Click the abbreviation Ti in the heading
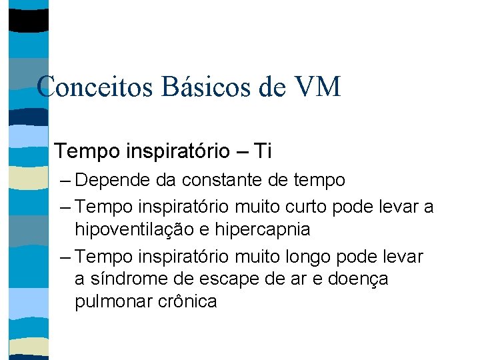coord(261,151)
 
